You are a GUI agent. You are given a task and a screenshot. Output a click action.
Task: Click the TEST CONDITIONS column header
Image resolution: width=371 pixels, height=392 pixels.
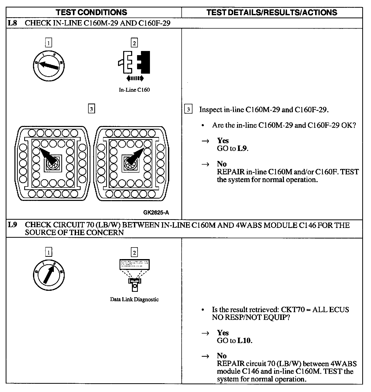91,12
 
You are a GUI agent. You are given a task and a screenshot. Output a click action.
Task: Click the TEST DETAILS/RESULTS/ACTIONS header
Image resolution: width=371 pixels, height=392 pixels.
272,12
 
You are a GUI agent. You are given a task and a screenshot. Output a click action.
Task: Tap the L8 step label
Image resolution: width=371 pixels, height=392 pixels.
12,23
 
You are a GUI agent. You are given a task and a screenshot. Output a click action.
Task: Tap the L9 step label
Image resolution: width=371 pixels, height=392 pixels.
12,225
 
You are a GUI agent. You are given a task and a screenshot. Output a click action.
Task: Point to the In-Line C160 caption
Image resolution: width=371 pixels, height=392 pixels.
134,90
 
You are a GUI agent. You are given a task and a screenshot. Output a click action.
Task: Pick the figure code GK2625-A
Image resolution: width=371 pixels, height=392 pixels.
156,212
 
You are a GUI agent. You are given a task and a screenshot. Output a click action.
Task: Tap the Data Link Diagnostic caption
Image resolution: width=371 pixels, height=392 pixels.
134,299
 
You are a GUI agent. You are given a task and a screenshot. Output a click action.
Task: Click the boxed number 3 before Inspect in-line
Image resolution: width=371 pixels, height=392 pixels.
188,110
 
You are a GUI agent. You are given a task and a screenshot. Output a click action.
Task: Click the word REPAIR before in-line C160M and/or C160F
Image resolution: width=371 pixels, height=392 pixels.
231,172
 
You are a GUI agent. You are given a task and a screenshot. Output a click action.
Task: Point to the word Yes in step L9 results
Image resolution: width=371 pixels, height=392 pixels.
223,333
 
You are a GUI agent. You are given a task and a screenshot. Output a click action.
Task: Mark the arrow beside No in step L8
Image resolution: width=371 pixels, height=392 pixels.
205,164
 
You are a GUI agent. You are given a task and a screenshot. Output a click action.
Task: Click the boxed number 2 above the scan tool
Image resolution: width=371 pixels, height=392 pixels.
134,252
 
